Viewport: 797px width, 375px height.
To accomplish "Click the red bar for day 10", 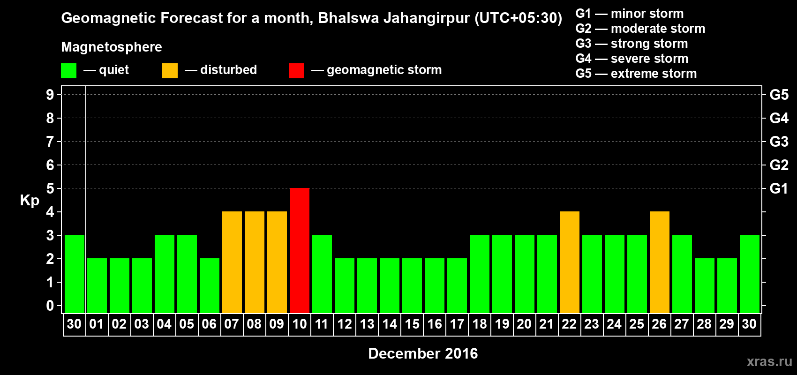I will [x=300, y=250].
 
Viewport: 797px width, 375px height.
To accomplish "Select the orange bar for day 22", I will [x=570, y=262].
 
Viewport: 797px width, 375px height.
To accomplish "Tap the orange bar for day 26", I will [x=660, y=262].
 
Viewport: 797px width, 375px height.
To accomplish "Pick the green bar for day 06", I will [x=210, y=285].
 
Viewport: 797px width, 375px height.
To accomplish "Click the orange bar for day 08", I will [x=255, y=262].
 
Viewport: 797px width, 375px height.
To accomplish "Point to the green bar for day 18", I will [x=480, y=274].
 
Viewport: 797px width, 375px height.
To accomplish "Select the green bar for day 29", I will [x=727, y=285].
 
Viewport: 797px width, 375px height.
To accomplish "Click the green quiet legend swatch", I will [x=69, y=71].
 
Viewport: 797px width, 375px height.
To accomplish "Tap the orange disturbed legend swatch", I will [x=170, y=71].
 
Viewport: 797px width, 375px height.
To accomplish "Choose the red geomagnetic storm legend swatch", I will [x=296, y=71].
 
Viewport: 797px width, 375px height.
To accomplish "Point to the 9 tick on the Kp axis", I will [x=50, y=95].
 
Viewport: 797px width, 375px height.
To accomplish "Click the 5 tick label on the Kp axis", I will [x=50, y=188].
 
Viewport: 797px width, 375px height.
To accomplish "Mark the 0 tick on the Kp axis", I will [x=50, y=306].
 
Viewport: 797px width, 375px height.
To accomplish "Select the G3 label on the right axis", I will [x=779, y=142].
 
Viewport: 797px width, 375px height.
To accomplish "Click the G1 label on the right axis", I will [x=779, y=188].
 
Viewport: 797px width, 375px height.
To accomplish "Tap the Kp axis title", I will [x=30, y=200].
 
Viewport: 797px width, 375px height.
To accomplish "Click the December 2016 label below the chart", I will [x=423, y=353].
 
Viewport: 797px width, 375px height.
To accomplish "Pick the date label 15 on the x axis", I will [x=412, y=324].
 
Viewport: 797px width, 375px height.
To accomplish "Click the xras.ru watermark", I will [x=769, y=361].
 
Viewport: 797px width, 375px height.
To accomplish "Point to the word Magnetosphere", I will [x=112, y=47].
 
